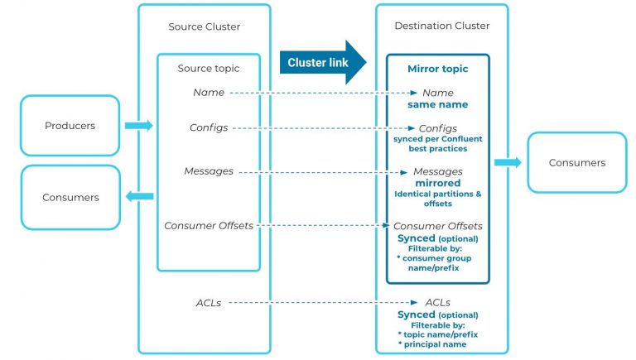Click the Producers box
click(70, 126)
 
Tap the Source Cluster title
click(204, 26)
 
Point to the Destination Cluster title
click(441, 26)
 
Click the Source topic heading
click(209, 68)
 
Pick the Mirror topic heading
click(437, 69)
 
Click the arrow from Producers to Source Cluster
click(138, 126)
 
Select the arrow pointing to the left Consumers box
click(139, 196)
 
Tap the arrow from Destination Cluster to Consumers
click(508, 162)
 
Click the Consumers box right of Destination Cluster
click(576, 162)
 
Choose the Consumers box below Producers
click(70, 197)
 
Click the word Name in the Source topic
click(209, 93)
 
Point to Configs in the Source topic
click(209, 127)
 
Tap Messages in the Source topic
click(209, 171)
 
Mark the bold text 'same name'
click(437, 105)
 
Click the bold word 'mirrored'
click(437, 182)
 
